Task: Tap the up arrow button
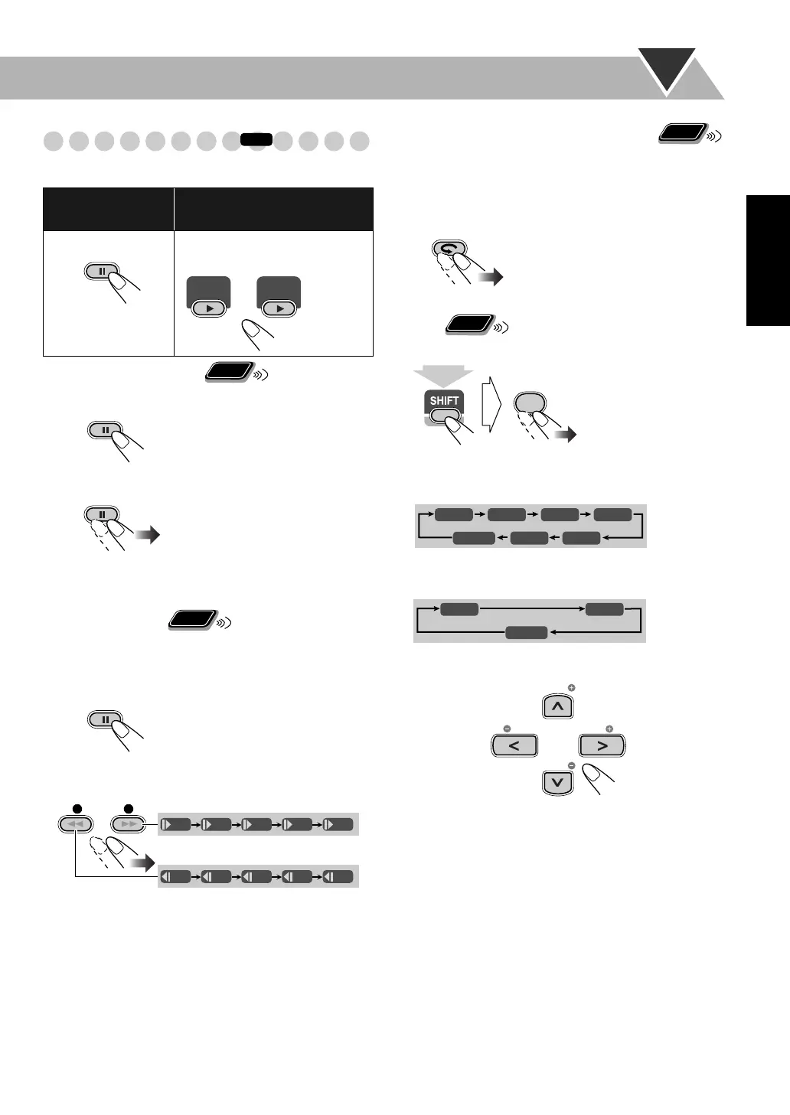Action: [x=557, y=706]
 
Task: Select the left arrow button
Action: [x=514, y=745]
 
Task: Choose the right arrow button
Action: [x=602, y=745]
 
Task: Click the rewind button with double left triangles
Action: [x=75, y=824]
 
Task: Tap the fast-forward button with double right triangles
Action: [x=127, y=824]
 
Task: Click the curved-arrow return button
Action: [x=448, y=249]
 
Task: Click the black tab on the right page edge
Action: [x=768, y=260]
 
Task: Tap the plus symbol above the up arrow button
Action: [x=571, y=688]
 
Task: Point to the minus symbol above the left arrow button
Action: [x=507, y=729]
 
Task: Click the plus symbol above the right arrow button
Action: [x=609, y=729]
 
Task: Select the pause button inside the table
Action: [x=102, y=271]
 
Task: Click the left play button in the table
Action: [x=208, y=308]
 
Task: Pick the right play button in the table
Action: [x=279, y=308]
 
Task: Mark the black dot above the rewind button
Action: [x=76, y=808]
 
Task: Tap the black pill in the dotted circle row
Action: [x=256, y=139]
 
